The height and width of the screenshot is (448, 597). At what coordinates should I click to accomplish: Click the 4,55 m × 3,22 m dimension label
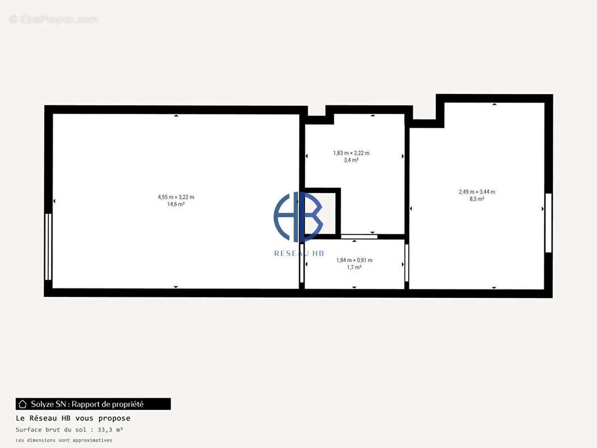(x=176, y=197)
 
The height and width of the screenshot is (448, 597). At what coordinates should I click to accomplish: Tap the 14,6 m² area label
(x=176, y=204)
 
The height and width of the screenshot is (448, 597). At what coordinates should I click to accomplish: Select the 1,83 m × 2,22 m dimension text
(x=351, y=153)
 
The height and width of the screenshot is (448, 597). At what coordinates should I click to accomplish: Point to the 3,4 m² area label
(x=351, y=160)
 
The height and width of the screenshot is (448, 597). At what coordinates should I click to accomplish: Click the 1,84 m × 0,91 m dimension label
(x=354, y=260)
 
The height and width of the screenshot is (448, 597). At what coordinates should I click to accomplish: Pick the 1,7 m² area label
(x=354, y=268)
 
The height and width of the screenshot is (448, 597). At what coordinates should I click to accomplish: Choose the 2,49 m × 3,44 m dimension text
(x=477, y=192)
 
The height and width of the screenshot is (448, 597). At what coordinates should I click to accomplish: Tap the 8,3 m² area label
(x=477, y=199)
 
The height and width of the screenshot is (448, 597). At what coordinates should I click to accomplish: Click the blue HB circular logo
(x=298, y=217)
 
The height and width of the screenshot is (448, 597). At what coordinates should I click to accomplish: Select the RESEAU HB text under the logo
(x=299, y=254)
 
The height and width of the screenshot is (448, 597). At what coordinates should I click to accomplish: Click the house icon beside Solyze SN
(x=22, y=404)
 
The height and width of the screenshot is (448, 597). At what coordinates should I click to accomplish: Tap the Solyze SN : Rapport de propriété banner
(x=93, y=404)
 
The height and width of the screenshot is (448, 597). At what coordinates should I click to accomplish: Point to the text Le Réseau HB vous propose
(x=73, y=418)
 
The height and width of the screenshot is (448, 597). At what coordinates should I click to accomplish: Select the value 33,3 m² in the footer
(x=110, y=430)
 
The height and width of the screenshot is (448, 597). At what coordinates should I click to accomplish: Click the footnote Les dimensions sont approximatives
(x=64, y=440)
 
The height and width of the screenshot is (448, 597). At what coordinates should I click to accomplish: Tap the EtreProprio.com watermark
(x=53, y=20)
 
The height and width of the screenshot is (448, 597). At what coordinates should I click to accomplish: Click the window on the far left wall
(x=48, y=246)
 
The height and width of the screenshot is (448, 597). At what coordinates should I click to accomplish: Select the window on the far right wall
(x=548, y=223)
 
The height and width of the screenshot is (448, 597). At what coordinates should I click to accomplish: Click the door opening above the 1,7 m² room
(x=358, y=237)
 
